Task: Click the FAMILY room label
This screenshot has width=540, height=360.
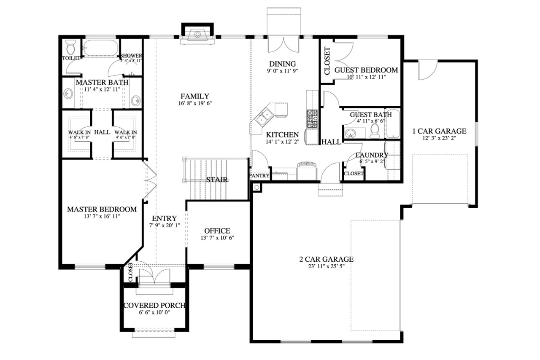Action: [194, 96]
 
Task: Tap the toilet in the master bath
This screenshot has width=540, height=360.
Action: [70, 46]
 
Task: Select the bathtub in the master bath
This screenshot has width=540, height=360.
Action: [100, 48]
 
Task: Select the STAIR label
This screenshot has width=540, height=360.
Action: [217, 180]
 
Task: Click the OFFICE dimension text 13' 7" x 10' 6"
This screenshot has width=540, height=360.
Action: [217, 238]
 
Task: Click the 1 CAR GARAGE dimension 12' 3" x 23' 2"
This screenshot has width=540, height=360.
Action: [439, 138]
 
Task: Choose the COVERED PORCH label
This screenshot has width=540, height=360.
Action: [154, 305]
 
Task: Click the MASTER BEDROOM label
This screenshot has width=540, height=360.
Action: [102, 210]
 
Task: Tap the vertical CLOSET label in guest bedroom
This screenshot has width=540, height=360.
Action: [327, 61]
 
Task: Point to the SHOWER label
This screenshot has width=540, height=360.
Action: [131, 56]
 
